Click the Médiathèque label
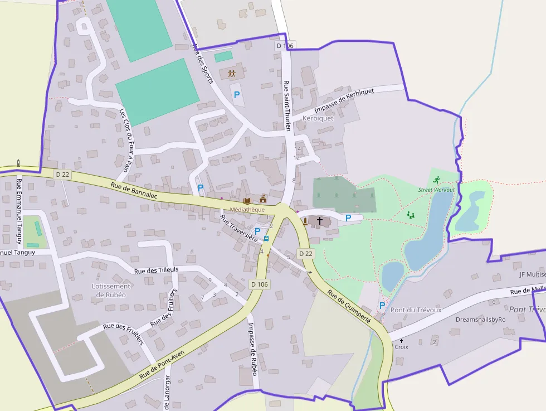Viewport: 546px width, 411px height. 247,209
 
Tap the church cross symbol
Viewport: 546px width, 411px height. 320,221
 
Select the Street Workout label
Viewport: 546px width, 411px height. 436,190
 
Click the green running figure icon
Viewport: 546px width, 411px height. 436,180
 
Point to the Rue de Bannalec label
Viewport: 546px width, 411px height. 134,191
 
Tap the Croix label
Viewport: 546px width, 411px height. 401,346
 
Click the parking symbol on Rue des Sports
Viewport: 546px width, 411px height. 237,95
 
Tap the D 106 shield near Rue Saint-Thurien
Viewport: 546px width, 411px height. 284,46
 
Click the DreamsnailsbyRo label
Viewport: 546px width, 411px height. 480,320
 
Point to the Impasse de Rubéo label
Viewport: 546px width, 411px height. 252,349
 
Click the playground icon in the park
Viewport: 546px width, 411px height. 411,215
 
